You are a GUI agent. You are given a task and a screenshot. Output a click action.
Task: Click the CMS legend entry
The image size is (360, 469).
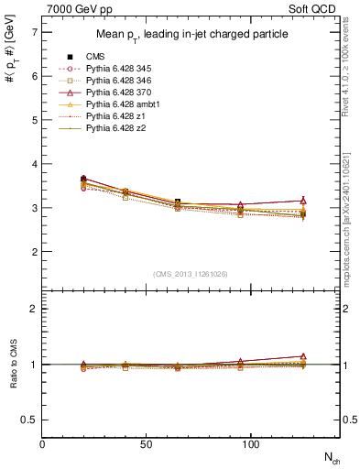click(97, 57)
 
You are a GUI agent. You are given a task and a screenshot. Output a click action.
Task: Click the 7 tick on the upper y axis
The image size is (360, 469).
click(34, 32)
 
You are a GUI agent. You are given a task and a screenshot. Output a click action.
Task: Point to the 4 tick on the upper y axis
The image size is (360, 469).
click(34, 164)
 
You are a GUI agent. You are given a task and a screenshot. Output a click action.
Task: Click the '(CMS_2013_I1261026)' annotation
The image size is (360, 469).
click(191, 274)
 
